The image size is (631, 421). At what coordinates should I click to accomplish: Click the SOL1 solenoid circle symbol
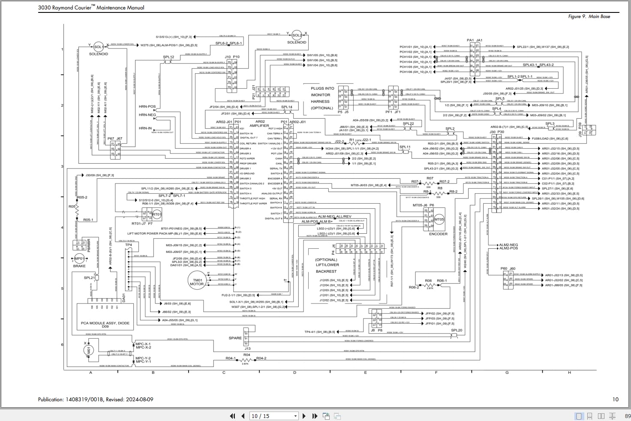(98, 47)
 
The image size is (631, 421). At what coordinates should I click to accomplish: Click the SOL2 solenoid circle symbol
(297, 36)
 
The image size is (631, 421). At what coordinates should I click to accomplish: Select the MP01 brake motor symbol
(79, 259)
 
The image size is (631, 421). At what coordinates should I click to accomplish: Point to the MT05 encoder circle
(439, 220)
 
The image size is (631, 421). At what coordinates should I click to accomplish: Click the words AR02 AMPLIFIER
(259, 123)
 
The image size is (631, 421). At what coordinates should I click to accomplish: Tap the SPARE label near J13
(235, 338)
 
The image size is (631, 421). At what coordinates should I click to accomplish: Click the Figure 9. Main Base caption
(589, 16)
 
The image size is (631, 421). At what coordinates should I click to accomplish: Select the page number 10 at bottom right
(615, 399)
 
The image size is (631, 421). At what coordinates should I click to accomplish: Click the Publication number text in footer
(95, 399)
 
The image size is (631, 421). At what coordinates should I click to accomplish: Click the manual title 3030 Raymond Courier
(91, 7)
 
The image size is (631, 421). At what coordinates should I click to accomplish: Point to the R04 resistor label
(246, 355)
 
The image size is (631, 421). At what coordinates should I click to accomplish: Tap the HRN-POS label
(147, 107)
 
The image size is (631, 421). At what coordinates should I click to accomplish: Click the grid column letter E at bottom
(365, 373)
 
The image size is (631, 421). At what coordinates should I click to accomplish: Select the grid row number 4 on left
(62, 228)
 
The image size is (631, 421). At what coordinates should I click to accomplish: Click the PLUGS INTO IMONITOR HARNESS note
(322, 98)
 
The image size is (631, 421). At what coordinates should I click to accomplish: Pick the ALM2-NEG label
(508, 245)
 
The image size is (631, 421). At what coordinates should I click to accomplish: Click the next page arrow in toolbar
(304, 416)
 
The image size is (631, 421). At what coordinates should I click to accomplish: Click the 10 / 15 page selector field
(273, 416)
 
